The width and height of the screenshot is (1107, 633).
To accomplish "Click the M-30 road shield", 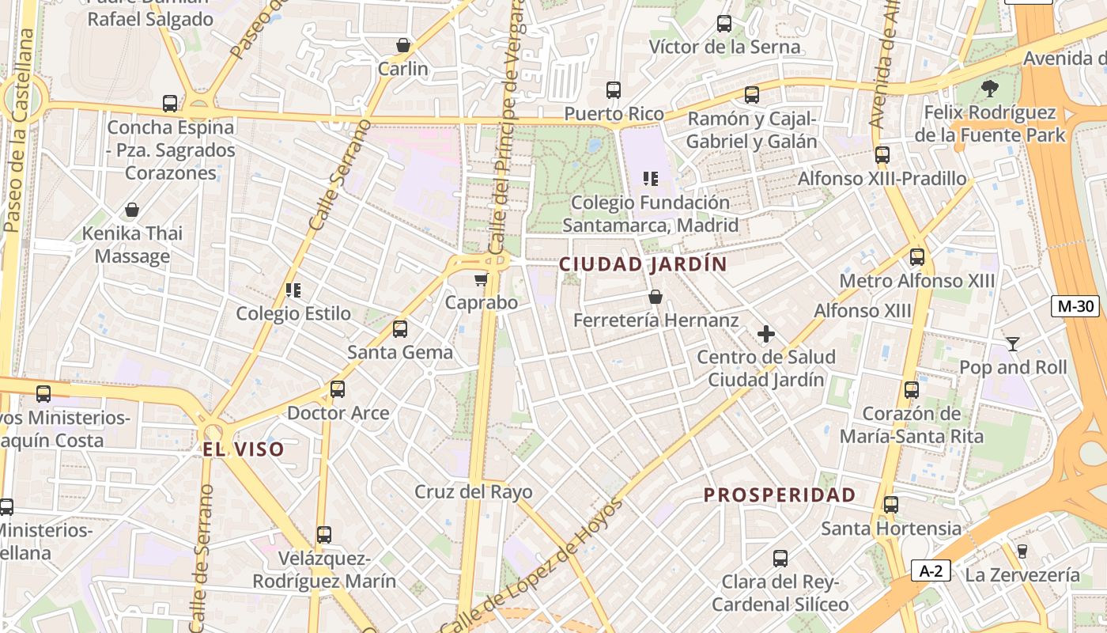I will [x=1075, y=306].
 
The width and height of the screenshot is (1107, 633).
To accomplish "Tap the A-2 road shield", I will [x=930, y=570].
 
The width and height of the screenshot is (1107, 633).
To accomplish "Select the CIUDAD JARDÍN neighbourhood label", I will [x=643, y=264].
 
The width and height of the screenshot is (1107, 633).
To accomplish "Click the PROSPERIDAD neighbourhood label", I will [x=780, y=495].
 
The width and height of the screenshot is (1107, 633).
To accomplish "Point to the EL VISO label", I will [x=243, y=450].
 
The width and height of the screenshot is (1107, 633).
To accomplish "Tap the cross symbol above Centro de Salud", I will [x=765, y=335].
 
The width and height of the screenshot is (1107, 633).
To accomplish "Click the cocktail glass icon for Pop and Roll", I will [x=1012, y=343].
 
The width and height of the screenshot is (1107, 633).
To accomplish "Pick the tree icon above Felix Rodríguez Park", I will [x=989, y=88].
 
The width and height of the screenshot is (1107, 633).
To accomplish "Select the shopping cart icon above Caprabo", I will [x=481, y=279].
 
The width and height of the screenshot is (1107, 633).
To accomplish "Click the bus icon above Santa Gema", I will [x=400, y=328].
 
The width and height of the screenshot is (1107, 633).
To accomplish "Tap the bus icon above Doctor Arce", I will [x=338, y=389].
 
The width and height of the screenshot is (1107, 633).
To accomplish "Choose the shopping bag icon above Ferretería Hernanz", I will [x=655, y=297].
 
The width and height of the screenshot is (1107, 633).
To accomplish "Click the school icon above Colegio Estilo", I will [x=293, y=290].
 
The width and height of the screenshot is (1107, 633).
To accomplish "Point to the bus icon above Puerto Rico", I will [x=614, y=90].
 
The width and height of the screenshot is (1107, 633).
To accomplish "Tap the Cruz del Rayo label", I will [x=474, y=492].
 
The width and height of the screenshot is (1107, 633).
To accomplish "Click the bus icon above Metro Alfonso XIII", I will [x=917, y=257].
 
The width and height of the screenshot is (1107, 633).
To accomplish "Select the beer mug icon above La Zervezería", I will [x=1022, y=551].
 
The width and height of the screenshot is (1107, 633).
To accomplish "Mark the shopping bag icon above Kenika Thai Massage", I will [x=132, y=210].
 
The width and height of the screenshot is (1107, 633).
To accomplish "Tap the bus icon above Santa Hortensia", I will [x=891, y=505].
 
